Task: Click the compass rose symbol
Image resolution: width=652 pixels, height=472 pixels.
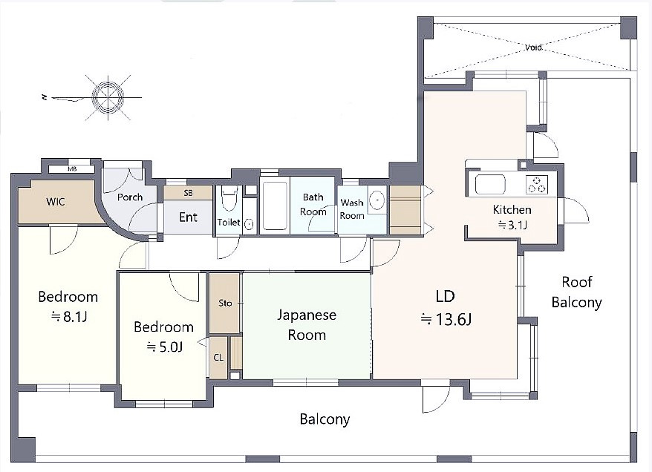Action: pos(108,98)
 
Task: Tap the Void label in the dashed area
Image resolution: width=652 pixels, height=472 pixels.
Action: pos(533,47)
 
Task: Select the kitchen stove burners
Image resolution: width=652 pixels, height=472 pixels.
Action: pos(537,185)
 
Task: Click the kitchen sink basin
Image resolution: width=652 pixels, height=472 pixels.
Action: pos(490,185)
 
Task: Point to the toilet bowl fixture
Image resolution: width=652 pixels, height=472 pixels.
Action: pos(229,199)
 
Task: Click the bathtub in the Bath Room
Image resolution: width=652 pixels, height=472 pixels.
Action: pos(275,206)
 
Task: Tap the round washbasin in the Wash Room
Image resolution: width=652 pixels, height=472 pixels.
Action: pos(377,200)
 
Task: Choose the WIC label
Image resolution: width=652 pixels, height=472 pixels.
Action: pos(56,202)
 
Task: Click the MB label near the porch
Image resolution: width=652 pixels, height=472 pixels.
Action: pos(72,169)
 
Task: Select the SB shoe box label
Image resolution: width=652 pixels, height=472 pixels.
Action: pos(188,193)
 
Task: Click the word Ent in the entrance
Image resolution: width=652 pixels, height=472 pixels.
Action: pos(188,217)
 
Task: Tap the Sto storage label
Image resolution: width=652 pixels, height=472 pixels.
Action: pos(225,303)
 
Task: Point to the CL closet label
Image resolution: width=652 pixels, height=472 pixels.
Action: pos(218,357)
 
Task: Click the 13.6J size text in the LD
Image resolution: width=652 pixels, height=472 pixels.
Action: pos(446,320)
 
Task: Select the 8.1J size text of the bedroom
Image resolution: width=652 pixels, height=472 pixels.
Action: pos(68,317)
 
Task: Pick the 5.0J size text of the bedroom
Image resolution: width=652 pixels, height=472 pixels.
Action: pos(164,347)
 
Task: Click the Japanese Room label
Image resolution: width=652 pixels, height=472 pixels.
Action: pos(307,324)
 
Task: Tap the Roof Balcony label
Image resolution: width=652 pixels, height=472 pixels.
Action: pos(577,292)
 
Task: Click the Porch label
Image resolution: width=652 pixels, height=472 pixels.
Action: pos(130,197)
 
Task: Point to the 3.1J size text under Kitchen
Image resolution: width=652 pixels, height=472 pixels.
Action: pos(512,225)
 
